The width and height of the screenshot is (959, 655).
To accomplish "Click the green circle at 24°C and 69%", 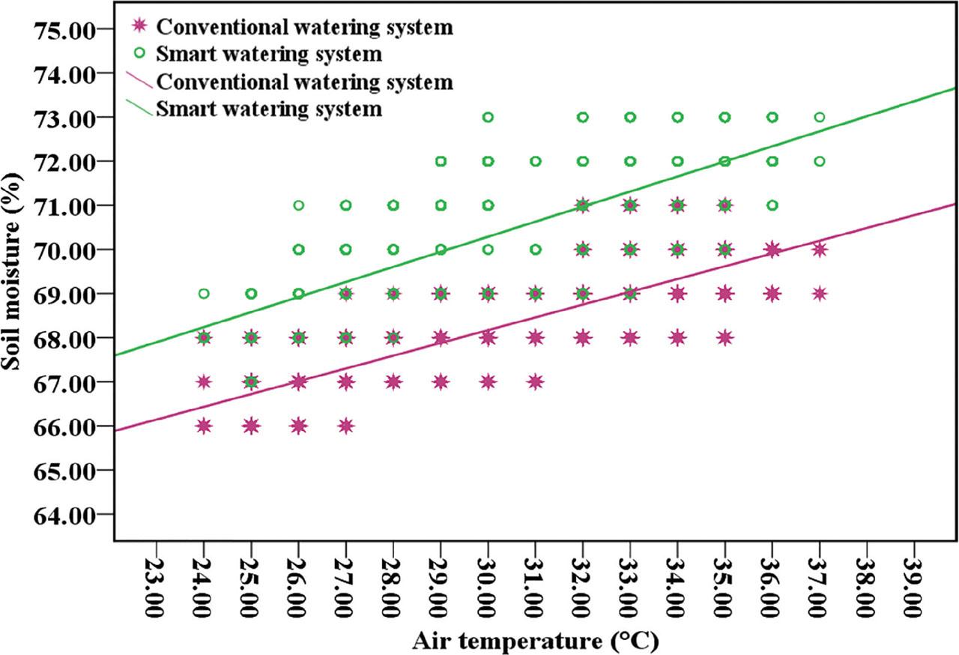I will [x=204, y=294].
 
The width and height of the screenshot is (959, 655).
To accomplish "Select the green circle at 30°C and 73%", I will [x=488, y=117].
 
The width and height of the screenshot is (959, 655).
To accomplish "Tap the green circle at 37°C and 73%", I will [x=820, y=117].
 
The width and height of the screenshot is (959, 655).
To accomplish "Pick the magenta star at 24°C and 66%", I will [x=204, y=426].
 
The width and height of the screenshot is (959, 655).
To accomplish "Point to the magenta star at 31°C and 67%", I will [x=535, y=381].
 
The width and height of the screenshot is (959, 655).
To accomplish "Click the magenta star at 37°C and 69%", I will [x=820, y=294].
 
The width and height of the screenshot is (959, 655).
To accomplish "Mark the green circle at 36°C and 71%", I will [x=772, y=205].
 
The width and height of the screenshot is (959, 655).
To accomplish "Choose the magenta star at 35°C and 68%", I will [x=724, y=337].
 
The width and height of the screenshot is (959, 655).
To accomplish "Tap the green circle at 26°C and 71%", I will [x=298, y=205].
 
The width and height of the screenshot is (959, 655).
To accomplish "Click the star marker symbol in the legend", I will [x=138, y=28].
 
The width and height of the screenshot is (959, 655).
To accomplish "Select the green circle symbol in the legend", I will [x=138, y=55].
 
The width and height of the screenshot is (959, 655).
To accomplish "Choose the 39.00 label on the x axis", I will [x=915, y=586].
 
